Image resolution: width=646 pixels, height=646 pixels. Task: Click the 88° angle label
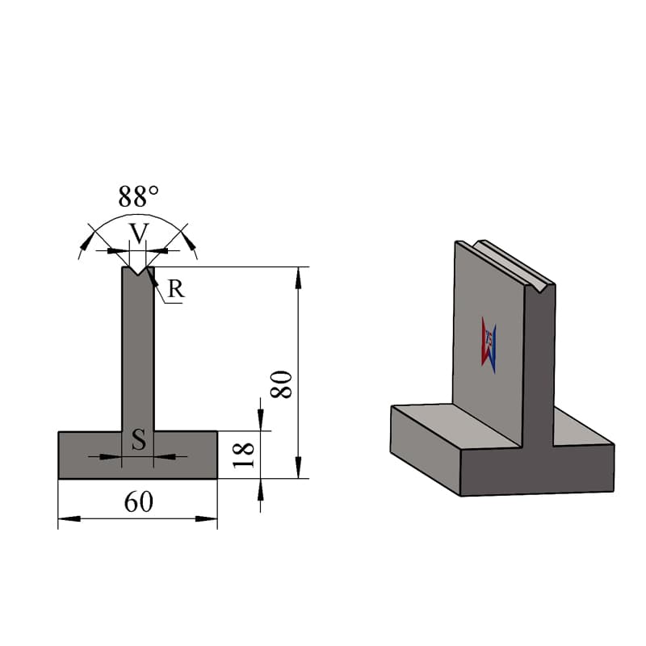pos(138,196)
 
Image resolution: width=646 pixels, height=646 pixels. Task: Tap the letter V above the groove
pos(138,233)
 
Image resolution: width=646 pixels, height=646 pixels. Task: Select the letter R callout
pos(176,289)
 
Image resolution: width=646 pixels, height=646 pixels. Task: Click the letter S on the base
pos(138,439)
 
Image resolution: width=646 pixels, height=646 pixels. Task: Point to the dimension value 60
pos(138,501)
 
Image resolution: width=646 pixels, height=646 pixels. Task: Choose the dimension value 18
pos(244,455)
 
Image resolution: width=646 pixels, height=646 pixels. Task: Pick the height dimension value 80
pos(281,384)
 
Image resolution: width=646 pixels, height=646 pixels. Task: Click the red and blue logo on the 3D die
pos(489,345)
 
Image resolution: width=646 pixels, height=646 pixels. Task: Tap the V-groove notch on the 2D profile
pos(138,271)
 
